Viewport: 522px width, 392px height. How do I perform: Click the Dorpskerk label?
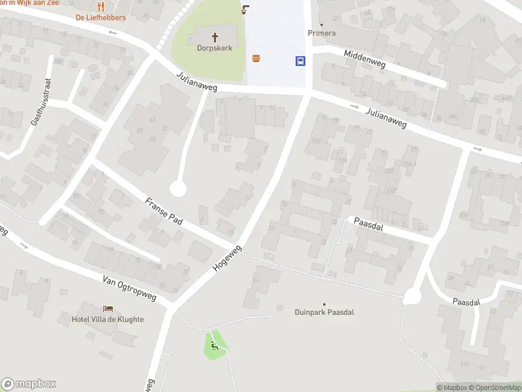[x=215, y=48]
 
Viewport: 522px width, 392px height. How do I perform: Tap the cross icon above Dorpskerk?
[x=215, y=37]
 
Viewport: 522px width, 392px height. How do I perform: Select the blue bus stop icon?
[x=300, y=61]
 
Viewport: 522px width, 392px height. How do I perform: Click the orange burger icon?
[x=256, y=59]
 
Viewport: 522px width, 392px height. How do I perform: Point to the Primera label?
[x=322, y=33]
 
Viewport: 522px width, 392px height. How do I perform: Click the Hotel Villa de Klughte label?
[x=108, y=319]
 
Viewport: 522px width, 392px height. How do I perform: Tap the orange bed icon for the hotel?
[x=108, y=308]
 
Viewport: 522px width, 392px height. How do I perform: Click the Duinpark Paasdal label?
[x=324, y=312]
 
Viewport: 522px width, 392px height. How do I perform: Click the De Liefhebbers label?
[x=100, y=17]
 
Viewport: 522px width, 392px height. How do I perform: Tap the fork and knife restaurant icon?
[x=100, y=7]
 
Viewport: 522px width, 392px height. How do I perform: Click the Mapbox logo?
[x=29, y=384]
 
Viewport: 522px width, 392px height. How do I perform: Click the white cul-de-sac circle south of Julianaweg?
[x=178, y=189]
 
